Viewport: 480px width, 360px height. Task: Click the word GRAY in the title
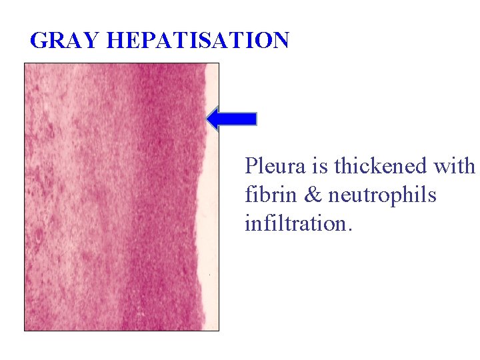tap(65, 41)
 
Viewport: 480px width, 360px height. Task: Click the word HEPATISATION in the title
tap(197, 41)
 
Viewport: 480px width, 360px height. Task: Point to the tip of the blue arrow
tap(208, 119)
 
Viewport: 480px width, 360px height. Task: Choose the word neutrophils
tap(383, 196)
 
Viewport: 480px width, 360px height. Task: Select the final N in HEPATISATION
tap(280, 41)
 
